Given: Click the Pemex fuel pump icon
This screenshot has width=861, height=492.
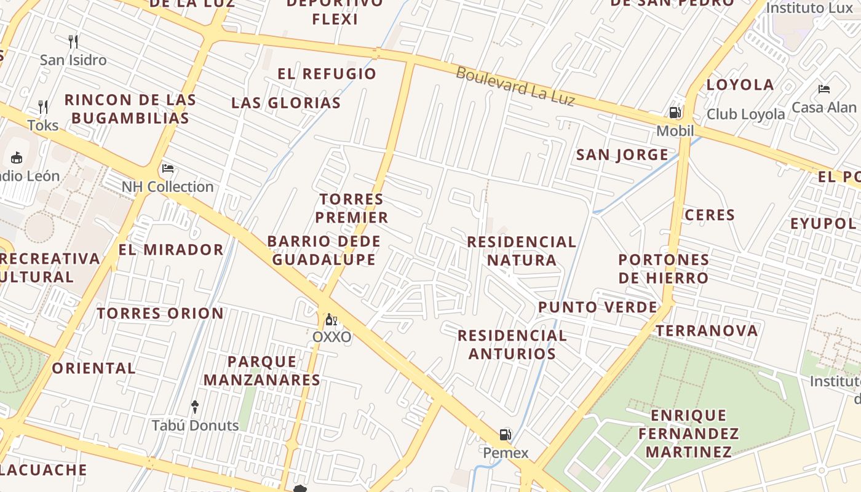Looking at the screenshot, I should pyautogui.click(x=505, y=435).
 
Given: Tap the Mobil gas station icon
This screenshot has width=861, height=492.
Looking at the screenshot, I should pyautogui.click(x=675, y=113).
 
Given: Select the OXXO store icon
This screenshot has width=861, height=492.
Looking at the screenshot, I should pyautogui.click(x=331, y=320).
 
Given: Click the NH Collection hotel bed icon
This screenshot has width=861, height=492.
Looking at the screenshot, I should pyautogui.click(x=168, y=169).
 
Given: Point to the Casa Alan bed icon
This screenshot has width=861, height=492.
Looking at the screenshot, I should pyautogui.click(x=824, y=89).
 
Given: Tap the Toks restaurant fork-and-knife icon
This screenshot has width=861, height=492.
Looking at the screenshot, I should pyautogui.click(x=43, y=107).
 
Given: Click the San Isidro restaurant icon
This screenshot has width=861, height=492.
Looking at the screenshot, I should pyautogui.click(x=73, y=42).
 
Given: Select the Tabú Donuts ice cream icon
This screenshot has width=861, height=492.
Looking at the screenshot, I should pyautogui.click(x=195, y=407).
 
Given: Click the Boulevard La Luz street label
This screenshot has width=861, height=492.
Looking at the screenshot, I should pyautogui.click(x=515, y=86).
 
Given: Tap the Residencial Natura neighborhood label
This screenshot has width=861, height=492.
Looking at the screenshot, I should pyautogui.click(x=522, y=251).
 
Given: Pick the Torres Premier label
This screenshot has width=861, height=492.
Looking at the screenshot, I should pyautogui.click(x=352, y=208).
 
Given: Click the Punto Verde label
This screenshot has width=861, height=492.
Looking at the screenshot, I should pyautogui.click(x=598, y=307).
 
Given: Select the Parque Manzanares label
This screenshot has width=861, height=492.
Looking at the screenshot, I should pyautogui.click(x=262, y=371).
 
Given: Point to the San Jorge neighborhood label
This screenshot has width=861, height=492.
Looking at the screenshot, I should pyautogui.click(x=622, y=155).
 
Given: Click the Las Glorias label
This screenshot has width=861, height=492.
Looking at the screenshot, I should pyautogui.click(x=286, y=103).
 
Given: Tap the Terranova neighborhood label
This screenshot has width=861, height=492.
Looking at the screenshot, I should pyautogui.click(x=707, y=331).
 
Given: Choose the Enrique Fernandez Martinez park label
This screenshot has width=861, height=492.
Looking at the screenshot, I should pyautogui.click(x=688, y=434).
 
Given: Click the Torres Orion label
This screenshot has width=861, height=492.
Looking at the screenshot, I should pyautogui.click(x=161, y=314).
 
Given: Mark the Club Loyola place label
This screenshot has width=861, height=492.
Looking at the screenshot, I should pyautogui.click(x=745, y=114).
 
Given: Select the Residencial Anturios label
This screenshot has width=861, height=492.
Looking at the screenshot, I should pyautogui.click(x=512, y=344).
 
